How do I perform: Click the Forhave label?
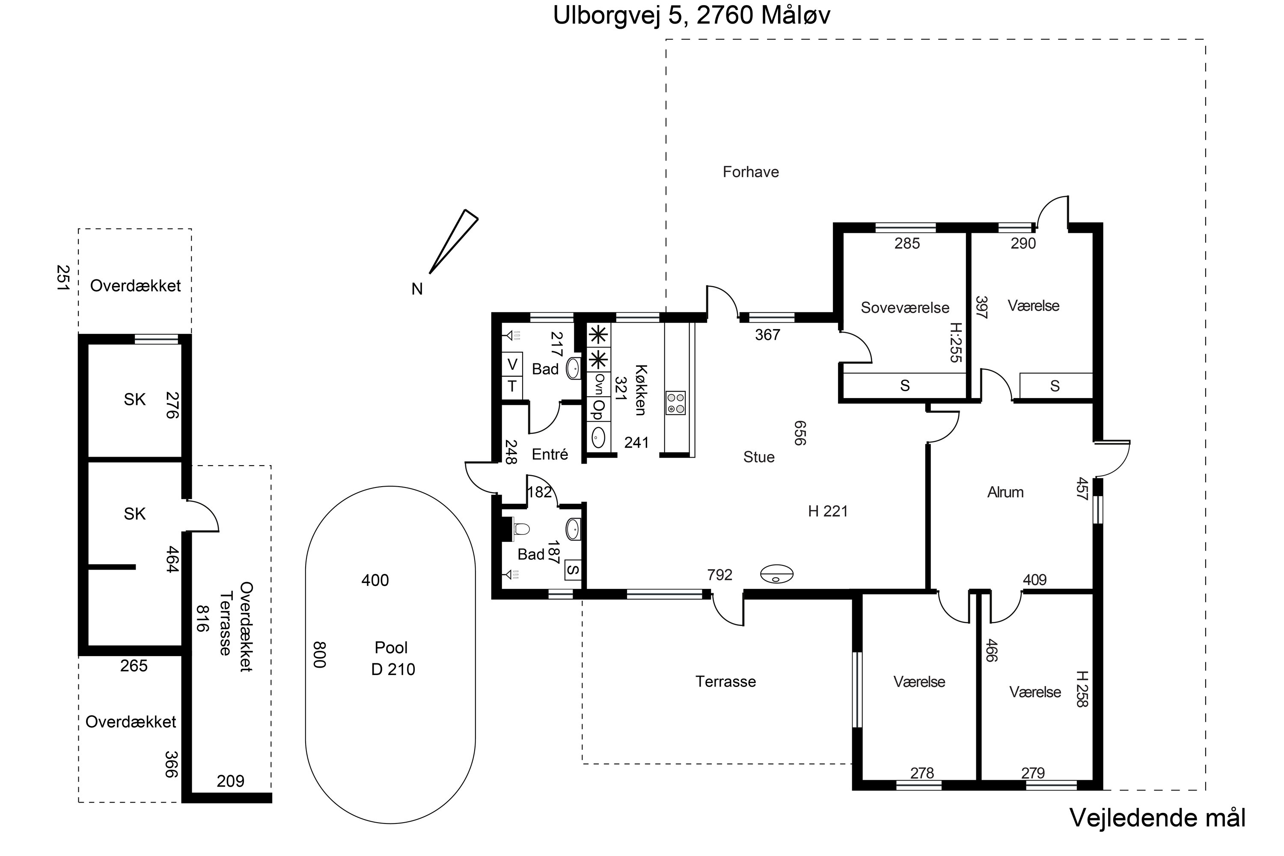point(751,172)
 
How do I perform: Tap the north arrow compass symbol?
point(453,242)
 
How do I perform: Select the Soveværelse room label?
point(905,307)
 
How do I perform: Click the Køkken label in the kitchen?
point(640,390)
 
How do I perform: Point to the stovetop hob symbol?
point(676,403)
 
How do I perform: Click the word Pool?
point(391,648)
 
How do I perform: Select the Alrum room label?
point(1005,493)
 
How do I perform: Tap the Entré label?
point(550,454)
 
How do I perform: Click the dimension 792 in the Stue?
point(719,574)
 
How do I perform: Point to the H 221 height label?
point(828,511)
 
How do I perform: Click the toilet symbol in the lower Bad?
point(521,529)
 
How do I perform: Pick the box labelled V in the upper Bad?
point(512,364)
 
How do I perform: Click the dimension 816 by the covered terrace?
point(202,618)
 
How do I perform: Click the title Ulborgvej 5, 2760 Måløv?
point(692,15)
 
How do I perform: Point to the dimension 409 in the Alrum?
point(1034,580)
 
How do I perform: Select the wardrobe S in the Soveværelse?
point(905,386)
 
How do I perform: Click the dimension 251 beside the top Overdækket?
point(63,278)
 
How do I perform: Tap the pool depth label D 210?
point(393,669)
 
